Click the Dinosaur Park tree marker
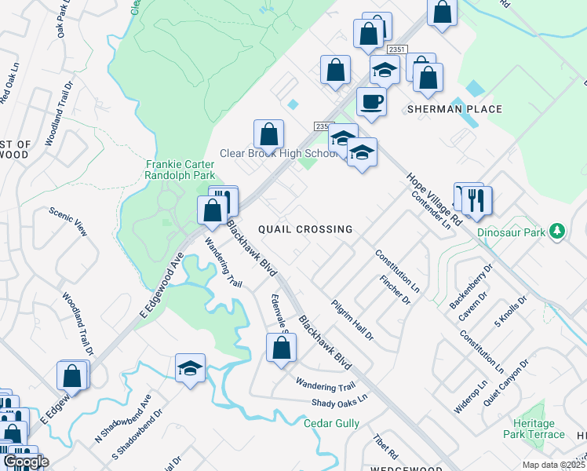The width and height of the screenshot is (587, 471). pyautogui.click(x=556, y=231)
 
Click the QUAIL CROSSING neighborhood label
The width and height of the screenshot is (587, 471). pyautogui.click(x=305, y=229)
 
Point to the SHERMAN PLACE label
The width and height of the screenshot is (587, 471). pyautogui.click(x=454, y=109)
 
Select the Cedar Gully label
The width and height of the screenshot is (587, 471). pyautogui.click(x=331, y=424)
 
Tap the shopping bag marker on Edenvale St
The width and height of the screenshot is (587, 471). pyautogui.click(x=281, y=348)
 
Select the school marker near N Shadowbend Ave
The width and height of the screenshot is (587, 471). pyautogui.click(x=190, y=367)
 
